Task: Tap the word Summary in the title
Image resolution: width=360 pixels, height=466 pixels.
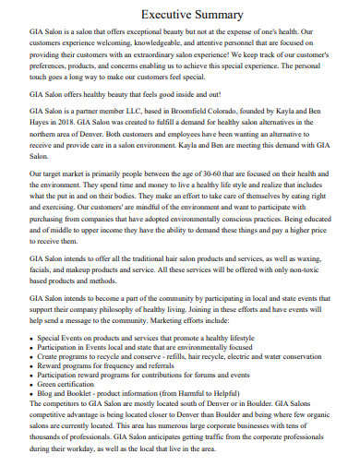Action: pyautogui.click(x=218, y=15)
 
